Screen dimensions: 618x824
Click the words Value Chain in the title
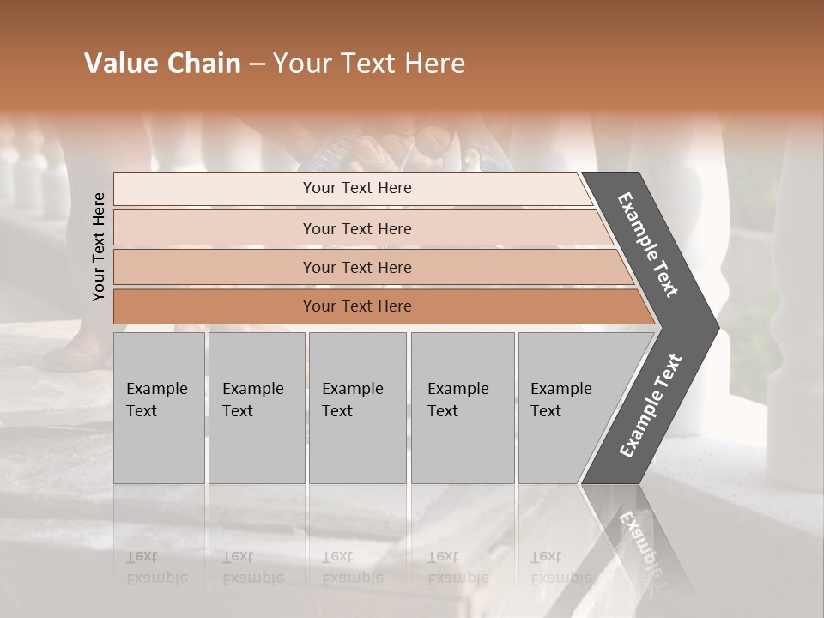162,64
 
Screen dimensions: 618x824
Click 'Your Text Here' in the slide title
369,64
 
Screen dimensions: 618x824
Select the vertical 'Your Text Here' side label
99,247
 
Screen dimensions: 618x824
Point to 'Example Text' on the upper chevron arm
648,245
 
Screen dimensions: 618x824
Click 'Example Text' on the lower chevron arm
650,406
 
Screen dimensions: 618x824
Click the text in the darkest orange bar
357,306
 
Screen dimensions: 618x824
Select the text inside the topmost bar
357,188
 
